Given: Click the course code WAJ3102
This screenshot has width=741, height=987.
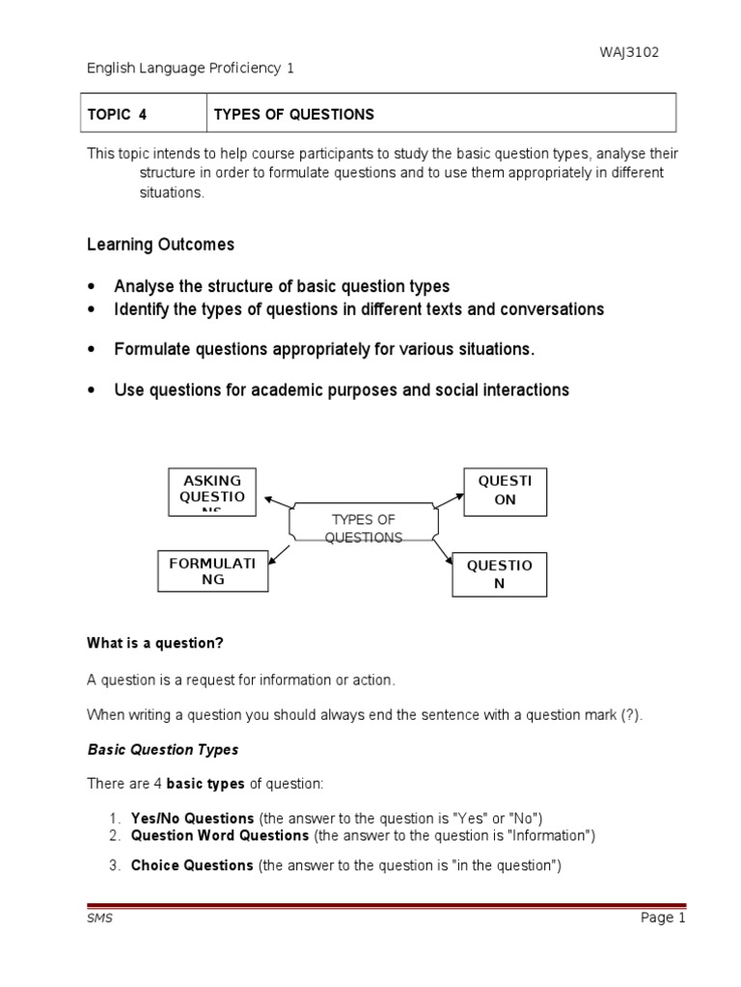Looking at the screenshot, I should (x=628, y=52).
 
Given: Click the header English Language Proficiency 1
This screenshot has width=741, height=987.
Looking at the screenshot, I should (x=190, y=68).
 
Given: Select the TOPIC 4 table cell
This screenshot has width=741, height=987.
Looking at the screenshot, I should (x=118, y=115).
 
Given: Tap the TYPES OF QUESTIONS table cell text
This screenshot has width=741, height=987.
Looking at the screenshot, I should (x=293, y=115).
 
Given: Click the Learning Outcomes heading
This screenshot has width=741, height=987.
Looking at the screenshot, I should (x=160, y=245).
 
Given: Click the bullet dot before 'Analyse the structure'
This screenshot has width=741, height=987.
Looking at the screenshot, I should (x=92, y=287).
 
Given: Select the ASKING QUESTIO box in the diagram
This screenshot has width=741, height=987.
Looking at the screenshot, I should (x=212, y=492).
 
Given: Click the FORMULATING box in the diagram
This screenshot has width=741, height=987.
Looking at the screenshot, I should (x=212, y=571).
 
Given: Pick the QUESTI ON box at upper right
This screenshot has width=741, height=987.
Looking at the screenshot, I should (x=505, y=492).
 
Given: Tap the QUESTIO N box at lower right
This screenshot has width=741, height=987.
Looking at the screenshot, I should (x=499, y=574).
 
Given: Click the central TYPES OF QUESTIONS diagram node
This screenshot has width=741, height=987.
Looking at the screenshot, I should (x=364, y=528).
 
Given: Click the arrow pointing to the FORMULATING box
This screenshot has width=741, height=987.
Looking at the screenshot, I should (x=279, y=551).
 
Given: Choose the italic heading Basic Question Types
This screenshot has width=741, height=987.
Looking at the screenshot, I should (x=163, y=749).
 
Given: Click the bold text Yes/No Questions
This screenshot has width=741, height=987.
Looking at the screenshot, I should (x=192, y=818).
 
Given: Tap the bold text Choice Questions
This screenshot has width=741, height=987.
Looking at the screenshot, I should (x=191, y=866).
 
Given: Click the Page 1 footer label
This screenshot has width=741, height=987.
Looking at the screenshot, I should (x=662, y=918).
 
